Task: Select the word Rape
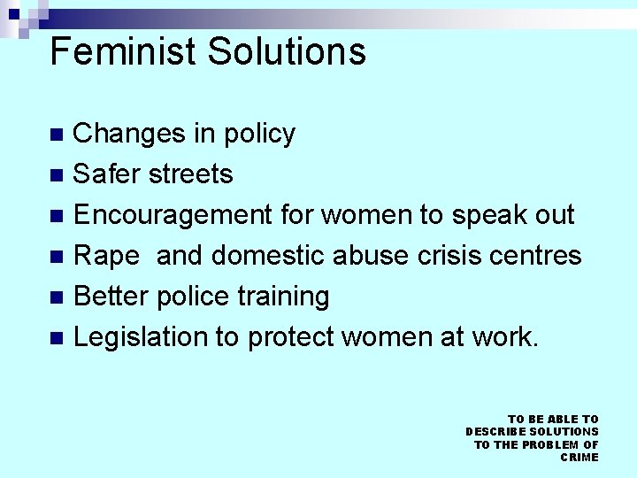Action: click(106, 257)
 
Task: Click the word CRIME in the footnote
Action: click(579, 457)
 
